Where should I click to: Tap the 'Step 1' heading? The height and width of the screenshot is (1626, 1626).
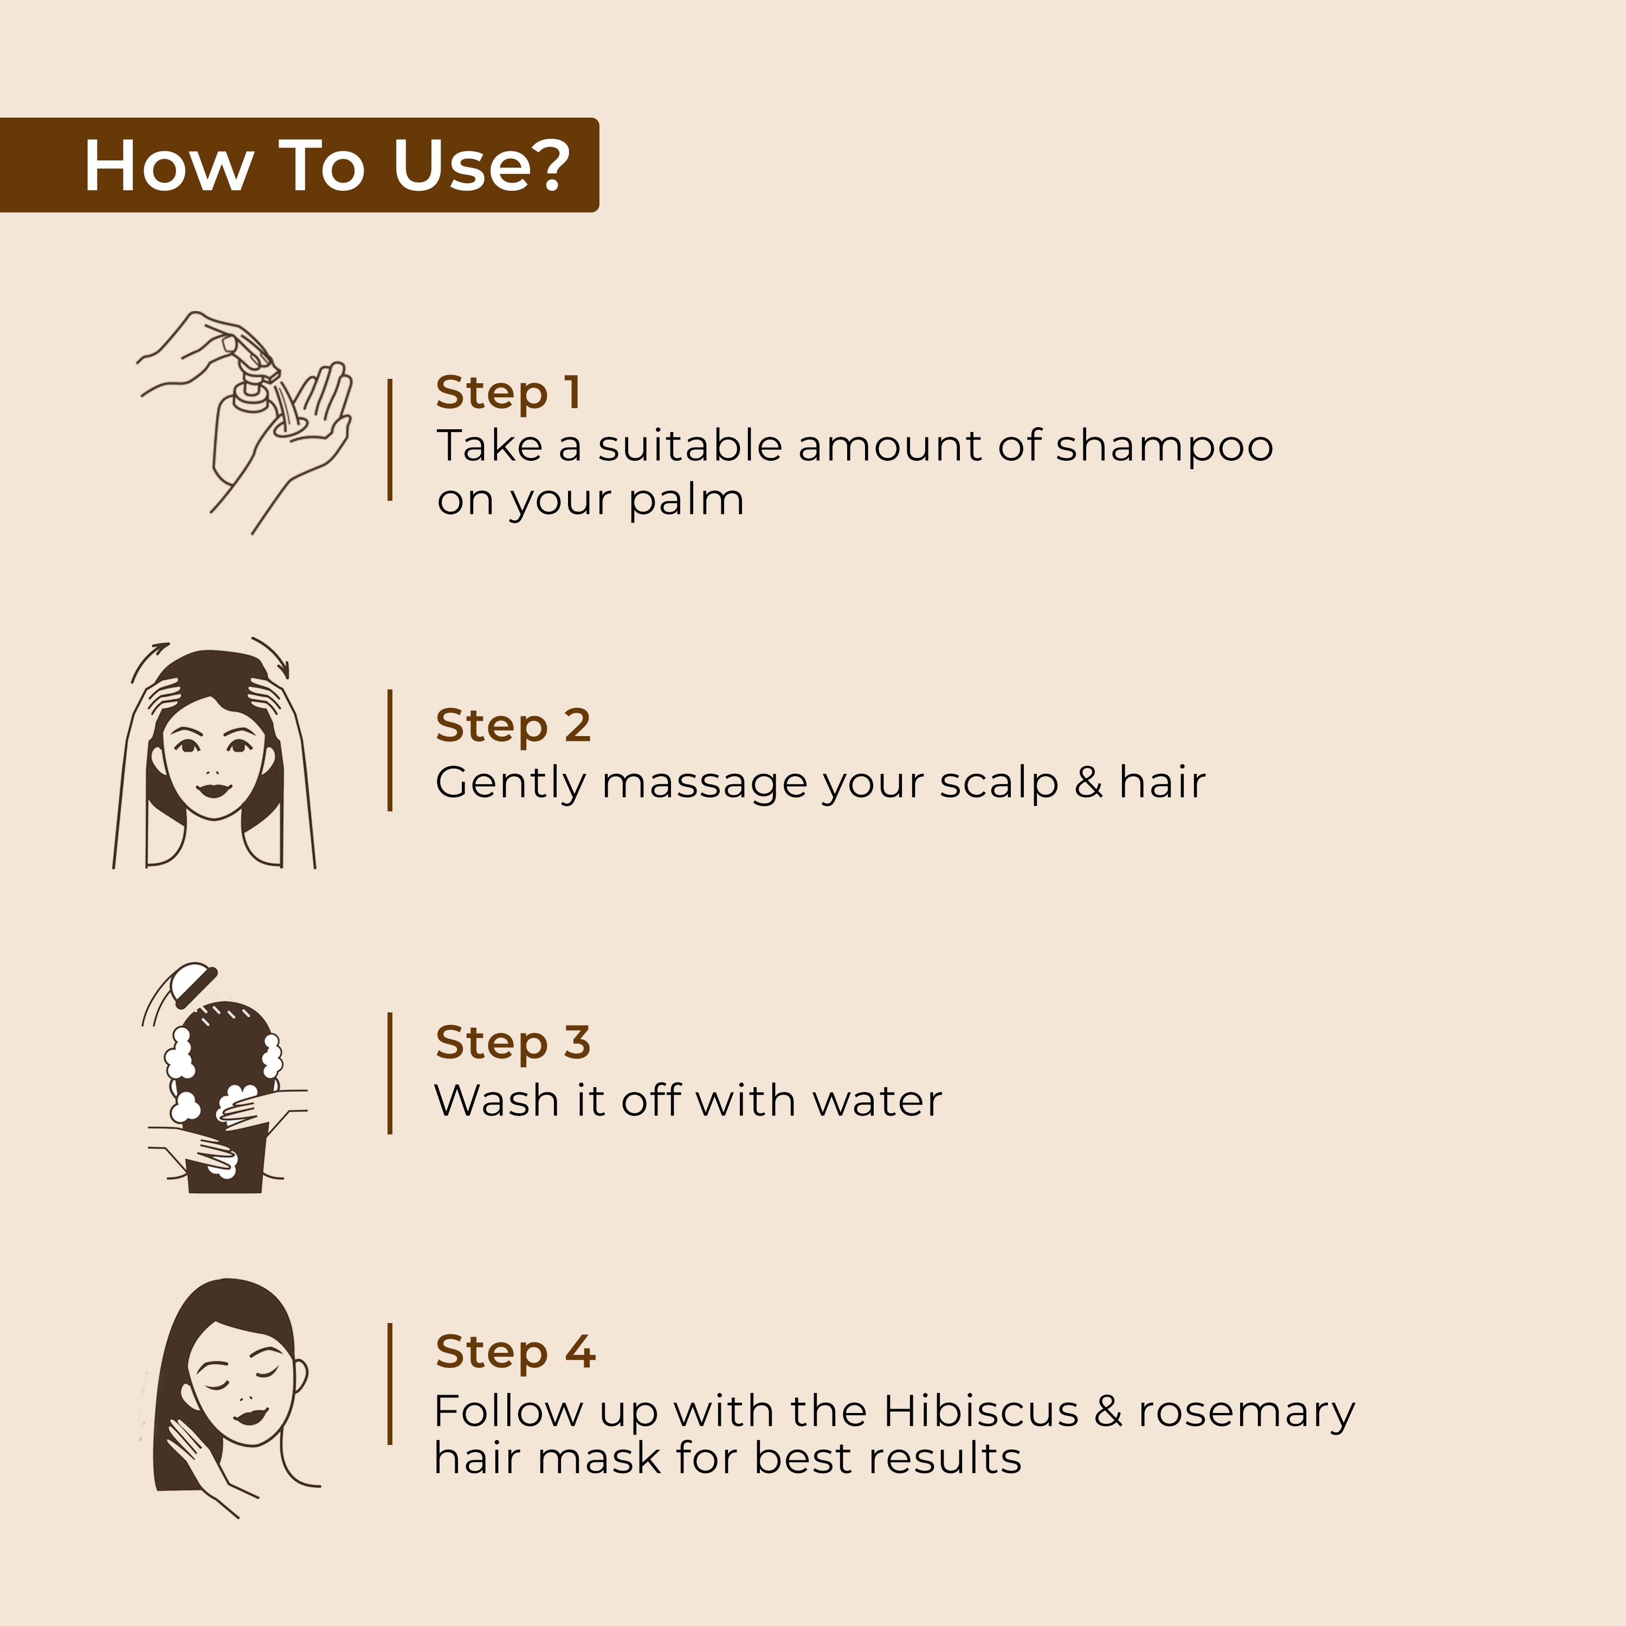508,392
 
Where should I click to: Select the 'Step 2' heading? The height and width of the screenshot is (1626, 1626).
513,726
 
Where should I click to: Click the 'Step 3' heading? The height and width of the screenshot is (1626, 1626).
513,1043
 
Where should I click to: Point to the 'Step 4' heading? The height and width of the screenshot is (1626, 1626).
515,1352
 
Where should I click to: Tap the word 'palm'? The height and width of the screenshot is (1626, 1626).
686,500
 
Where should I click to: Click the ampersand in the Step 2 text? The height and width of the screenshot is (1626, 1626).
1088,782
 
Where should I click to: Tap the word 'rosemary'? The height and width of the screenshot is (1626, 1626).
1247,1415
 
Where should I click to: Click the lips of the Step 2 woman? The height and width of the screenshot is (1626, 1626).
214,790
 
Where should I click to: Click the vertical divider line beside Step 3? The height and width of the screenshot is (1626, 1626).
390,1073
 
